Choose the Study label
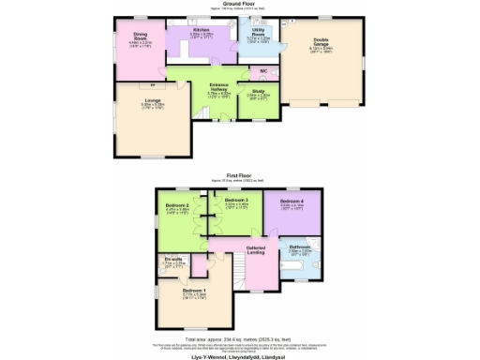click(258, 91)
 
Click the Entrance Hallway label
click(218, 88)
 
